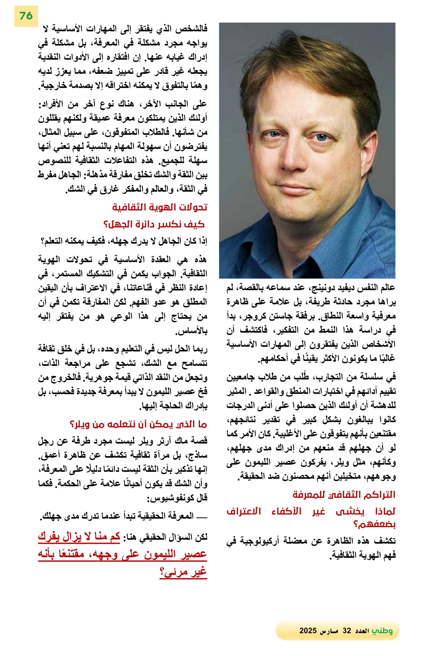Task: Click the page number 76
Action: (x=26, y=16)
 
